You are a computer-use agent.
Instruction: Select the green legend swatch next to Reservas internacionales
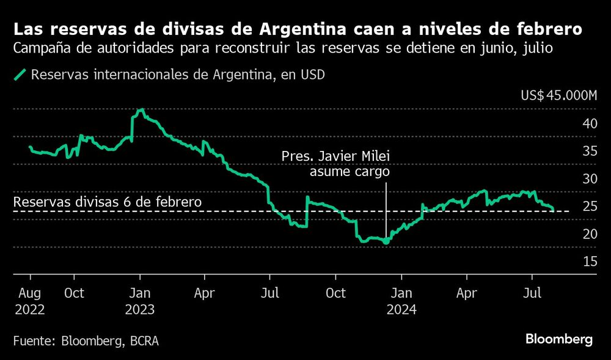point(20,75)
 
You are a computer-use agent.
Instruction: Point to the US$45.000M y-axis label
point(558,95)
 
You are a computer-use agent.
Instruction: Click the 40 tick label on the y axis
point(590,123)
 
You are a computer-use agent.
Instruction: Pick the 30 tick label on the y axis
point(590,178)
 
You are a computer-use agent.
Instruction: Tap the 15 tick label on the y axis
point(590,262)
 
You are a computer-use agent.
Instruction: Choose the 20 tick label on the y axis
point(590,234)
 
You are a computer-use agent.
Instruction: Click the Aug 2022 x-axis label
point(29,301)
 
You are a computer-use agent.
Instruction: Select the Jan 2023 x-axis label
point(140,301)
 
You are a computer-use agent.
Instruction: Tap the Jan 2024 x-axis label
point(401,301)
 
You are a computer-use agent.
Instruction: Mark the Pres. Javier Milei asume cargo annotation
point(335,165)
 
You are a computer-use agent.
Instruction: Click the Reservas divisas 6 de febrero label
point(107,202)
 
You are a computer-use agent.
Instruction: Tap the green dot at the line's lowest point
point(386,242)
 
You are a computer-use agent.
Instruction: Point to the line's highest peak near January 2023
point(141,110)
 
